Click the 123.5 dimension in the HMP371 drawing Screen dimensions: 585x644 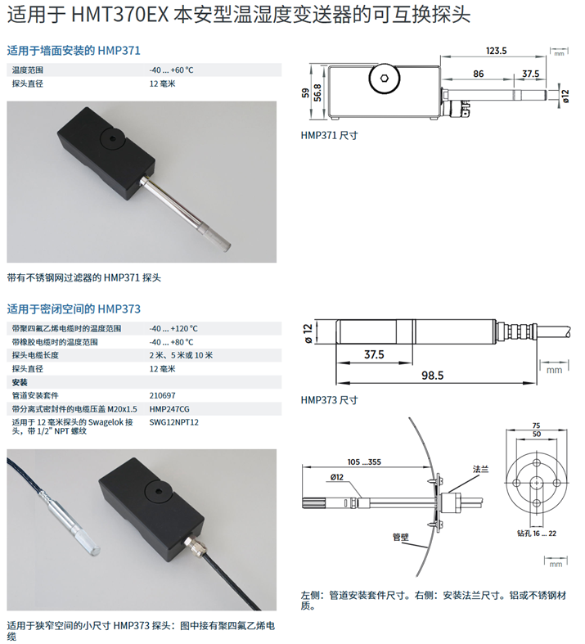tap(497, 51)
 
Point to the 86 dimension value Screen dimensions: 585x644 tap(479, 74)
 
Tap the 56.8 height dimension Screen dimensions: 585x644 tap(317, 92)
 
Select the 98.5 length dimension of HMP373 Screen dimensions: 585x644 tap(433, 375)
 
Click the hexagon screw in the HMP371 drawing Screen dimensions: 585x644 tap(385, 78)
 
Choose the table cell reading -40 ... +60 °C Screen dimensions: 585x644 tap(171, 70)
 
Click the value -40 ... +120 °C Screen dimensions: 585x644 tap(173, 329)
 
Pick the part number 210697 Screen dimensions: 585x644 tap(162, 395)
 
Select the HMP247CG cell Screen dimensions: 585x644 tap(169, 409)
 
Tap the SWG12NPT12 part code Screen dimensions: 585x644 tap(173, 422)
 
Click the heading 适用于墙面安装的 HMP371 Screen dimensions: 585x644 tap(74, 51)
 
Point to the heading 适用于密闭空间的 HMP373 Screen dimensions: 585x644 tap(74, 308)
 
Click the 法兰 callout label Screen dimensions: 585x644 tap(481, 469)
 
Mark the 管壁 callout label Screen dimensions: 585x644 tap(401, 537)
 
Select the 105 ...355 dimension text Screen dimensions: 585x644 tap(364, 462)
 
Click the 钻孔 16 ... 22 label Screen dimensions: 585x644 tap(537, 533)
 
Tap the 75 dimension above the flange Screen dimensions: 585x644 tap(536, 426)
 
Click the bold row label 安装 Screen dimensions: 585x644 tap(20, 382)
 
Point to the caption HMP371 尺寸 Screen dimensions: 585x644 tap(329, 135)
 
